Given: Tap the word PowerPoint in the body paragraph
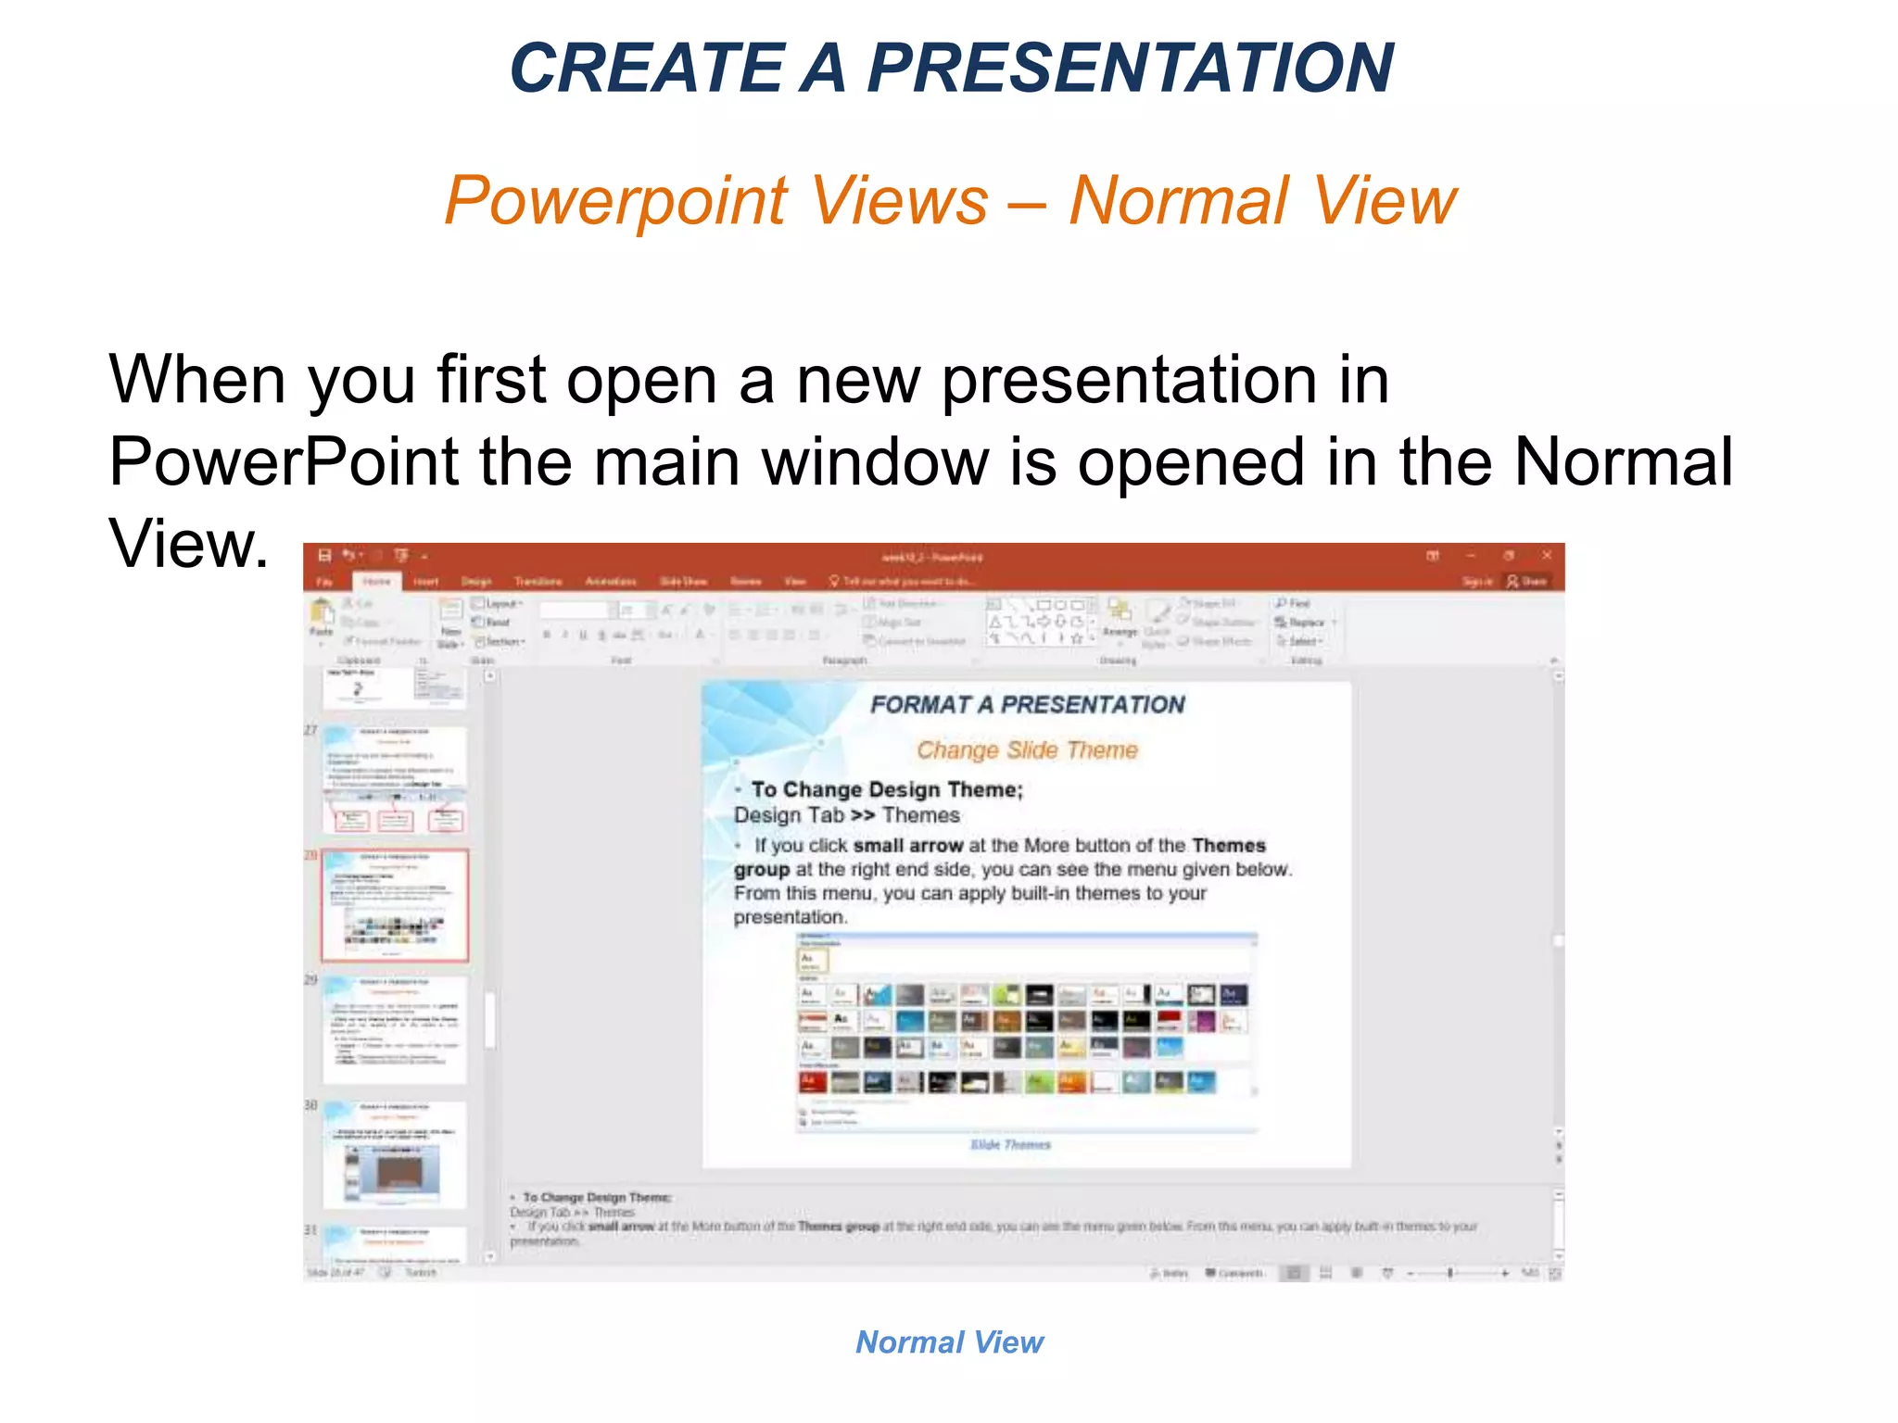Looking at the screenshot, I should pos(284,461).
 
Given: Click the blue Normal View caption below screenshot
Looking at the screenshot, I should pos(949,1341).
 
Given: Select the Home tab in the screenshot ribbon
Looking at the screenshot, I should pos(376,581).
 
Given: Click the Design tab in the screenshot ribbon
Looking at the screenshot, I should pos(476,581).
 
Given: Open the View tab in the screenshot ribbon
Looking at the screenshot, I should pos(795,581).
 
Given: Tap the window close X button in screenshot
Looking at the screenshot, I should pos(1546,555).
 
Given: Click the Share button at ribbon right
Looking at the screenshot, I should pos(1527,581).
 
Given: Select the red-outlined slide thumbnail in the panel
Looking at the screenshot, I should pos(395,905).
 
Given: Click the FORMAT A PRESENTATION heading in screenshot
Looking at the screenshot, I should pos(1027,705).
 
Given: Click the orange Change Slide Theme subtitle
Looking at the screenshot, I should pos(1027,750).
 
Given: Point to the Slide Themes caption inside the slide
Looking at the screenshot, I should pos(1010,1145).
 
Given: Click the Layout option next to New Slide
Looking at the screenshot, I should pos(500,603).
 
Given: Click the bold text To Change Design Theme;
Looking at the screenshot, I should pos(887,789).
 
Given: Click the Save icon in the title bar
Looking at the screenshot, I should pos(324,555).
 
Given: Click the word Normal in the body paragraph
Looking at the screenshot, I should pos(1622,461).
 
